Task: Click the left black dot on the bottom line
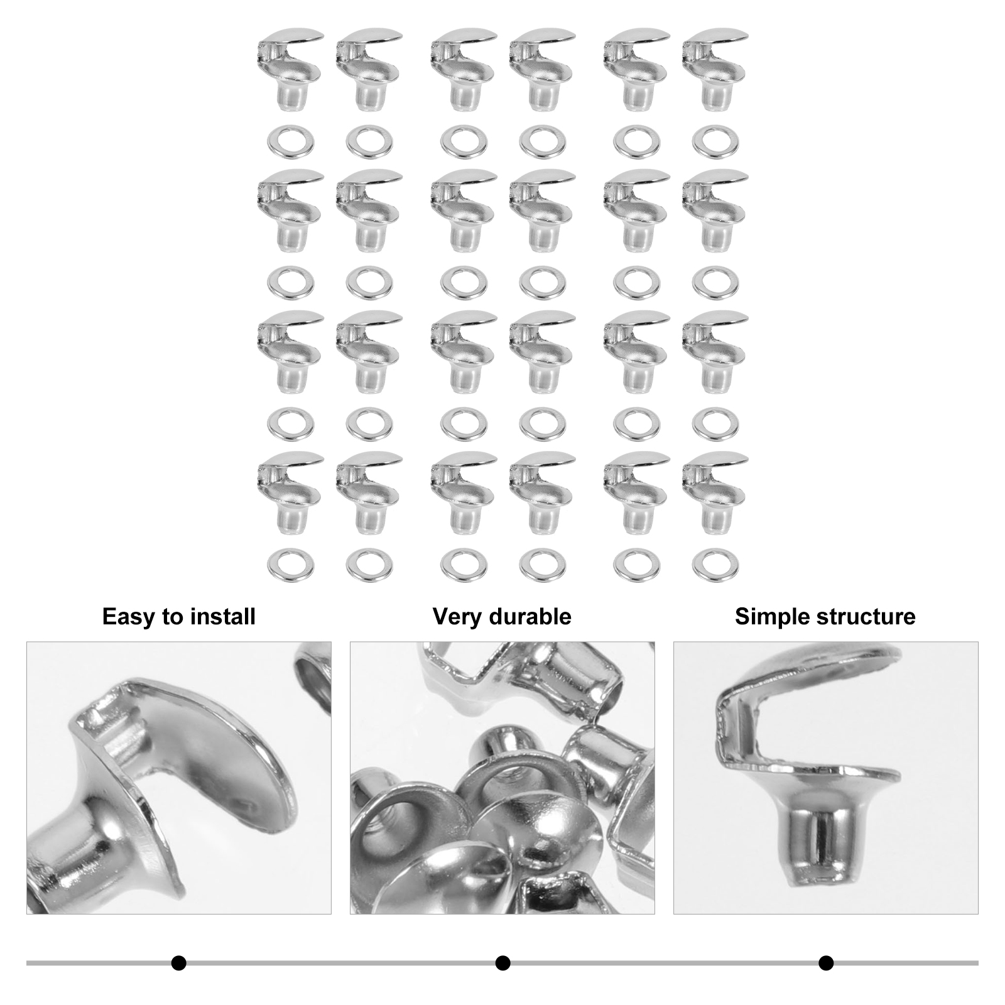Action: pyautogui.click(x=179, y=963)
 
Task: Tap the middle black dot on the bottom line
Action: pyautogui.click(x=503, y=963)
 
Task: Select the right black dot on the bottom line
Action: pyautogui.click(x=826, y=963)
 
